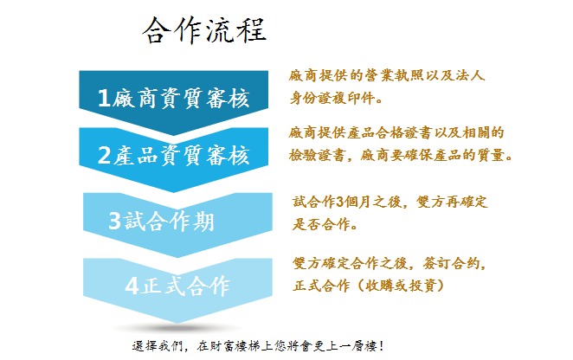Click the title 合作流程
tap(204, 30)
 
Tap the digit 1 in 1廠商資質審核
tap(104, 98)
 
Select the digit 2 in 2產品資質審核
tap(104, 155)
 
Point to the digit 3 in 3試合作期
tap(115, 221)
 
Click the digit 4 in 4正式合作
tap(132, 286)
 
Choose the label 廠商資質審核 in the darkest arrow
tap(181, 98)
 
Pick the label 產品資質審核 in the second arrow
tap(181, 155)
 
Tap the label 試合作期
tap(169, 221)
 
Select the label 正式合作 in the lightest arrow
tap(185, 286)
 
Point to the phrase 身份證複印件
tap(332, 98)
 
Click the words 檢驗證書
tap(317, 155)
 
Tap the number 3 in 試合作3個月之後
tap(339, 202)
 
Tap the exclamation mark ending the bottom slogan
tap(381, 345)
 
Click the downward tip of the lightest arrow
tap(177, 323)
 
